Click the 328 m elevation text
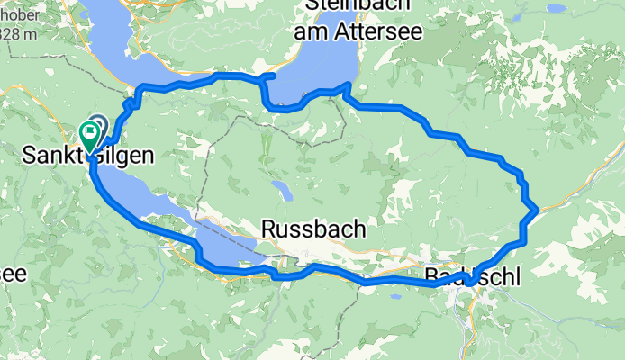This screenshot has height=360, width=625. (x=18, y=34)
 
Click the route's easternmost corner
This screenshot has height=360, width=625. (x=538, y=210)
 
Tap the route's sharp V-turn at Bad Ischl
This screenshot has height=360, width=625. (x=469, y=284)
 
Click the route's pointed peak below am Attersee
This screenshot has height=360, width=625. (x=346, y=85)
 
